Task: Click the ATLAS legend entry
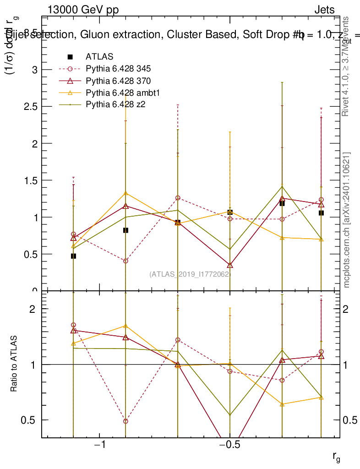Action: click(x=99, y=57)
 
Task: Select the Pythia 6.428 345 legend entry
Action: click(x=118, y=69)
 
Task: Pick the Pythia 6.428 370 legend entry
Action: click(x=118, y=81)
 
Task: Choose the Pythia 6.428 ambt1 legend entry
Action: click(x=121, y=93)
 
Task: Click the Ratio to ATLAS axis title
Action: click(x=14, y=364)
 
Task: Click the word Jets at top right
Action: click(x=324, y=10)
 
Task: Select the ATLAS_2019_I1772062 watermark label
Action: click(x=190, y=274)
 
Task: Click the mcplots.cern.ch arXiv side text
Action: click(x=347, y=220)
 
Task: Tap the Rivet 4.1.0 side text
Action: click(x=347, y=66)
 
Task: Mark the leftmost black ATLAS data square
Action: click(x=73, y=256)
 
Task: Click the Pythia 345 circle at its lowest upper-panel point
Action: click(x=125, y=261)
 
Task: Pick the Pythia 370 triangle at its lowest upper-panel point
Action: click(x=230, y=265)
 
